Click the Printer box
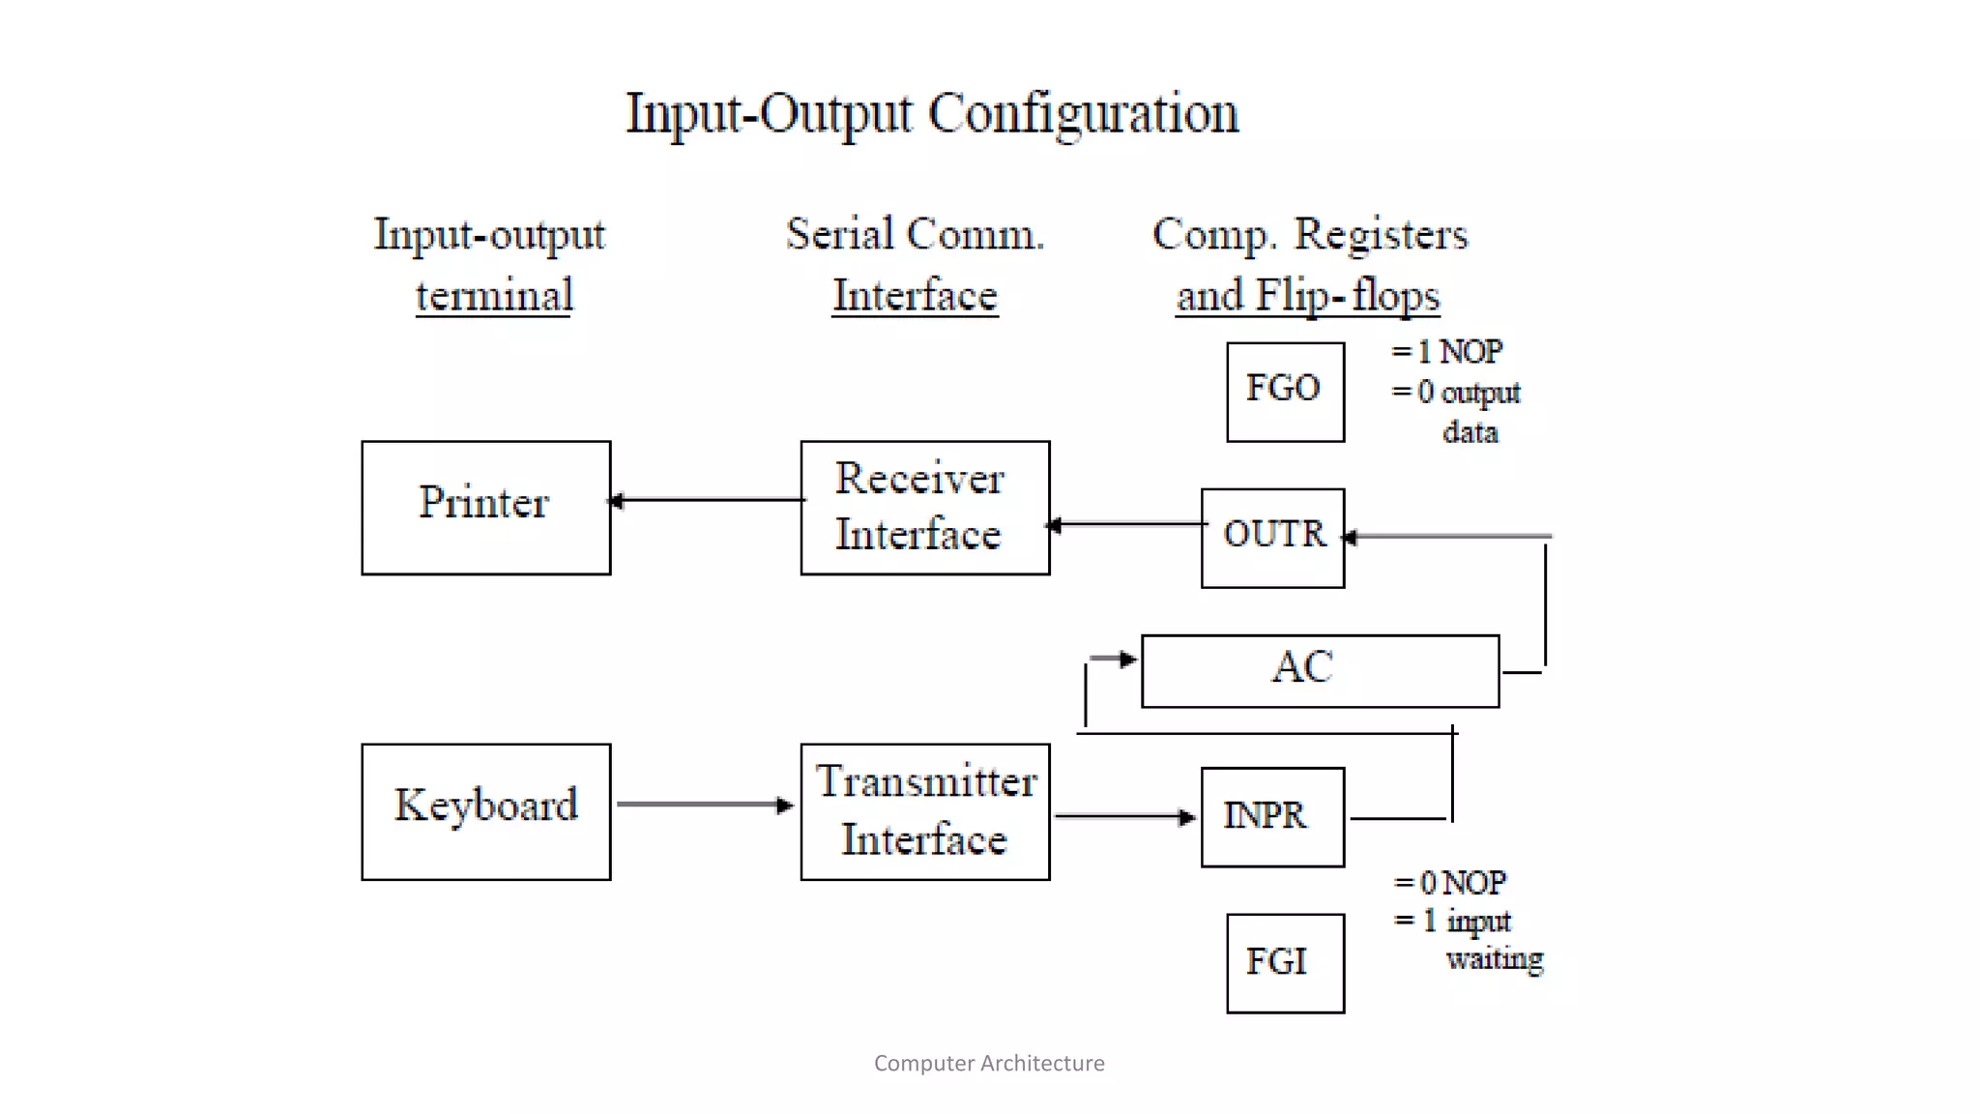click(485, 508)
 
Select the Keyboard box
click(485, 811)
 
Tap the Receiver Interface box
click(924, 508)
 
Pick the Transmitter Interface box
click(924, 811)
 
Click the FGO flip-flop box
click(1285, 392)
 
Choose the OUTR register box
click(1272, 538)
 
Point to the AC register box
click(1320, 671)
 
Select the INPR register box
click(1272, 817)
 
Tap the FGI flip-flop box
click(1285, 963)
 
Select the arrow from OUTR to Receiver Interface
click(1126, 524)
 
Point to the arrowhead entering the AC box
click(1127, 660)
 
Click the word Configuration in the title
click(1083, 114)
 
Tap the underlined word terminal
click(494, 295)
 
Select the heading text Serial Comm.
click(915, 234)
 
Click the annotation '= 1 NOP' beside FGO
click(1446, 351)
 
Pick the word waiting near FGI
click(1494, 958)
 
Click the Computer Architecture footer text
click(989, 1063)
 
